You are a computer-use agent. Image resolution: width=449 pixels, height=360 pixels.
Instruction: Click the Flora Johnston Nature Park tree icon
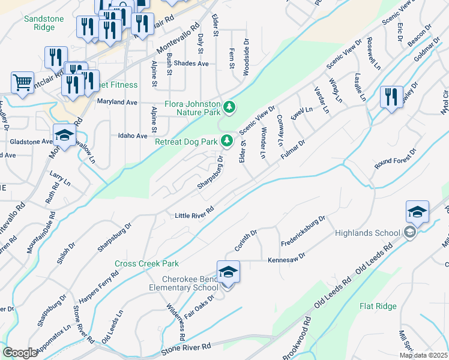pos(229,107)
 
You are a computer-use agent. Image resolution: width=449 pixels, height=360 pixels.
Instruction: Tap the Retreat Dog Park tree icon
pos(226,142)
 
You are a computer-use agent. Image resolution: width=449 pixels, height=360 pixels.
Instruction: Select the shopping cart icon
pos(22,83)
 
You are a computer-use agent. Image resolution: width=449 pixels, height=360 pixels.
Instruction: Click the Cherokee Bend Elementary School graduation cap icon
pos(228,272)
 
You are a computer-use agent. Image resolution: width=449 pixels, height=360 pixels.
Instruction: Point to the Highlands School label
pos(367,233)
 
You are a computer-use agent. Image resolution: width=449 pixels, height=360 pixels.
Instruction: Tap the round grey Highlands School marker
pos(410,233)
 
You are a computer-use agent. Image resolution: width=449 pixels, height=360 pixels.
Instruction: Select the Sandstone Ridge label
pos(44,23)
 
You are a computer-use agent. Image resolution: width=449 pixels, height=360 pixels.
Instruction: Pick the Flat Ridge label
pos(378,306)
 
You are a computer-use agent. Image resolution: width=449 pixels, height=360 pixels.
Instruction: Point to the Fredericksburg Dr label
pos(303,231)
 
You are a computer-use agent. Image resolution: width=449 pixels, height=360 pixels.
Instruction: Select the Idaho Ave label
pos(133,136)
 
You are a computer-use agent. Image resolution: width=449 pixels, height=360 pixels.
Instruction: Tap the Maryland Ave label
pos(118,102)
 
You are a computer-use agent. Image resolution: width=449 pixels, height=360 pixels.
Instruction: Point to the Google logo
pos(20,353)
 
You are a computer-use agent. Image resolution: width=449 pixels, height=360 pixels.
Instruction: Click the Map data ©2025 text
pos(423,355)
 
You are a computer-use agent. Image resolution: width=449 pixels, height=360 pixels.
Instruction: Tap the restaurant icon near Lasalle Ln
pos(391,96)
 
